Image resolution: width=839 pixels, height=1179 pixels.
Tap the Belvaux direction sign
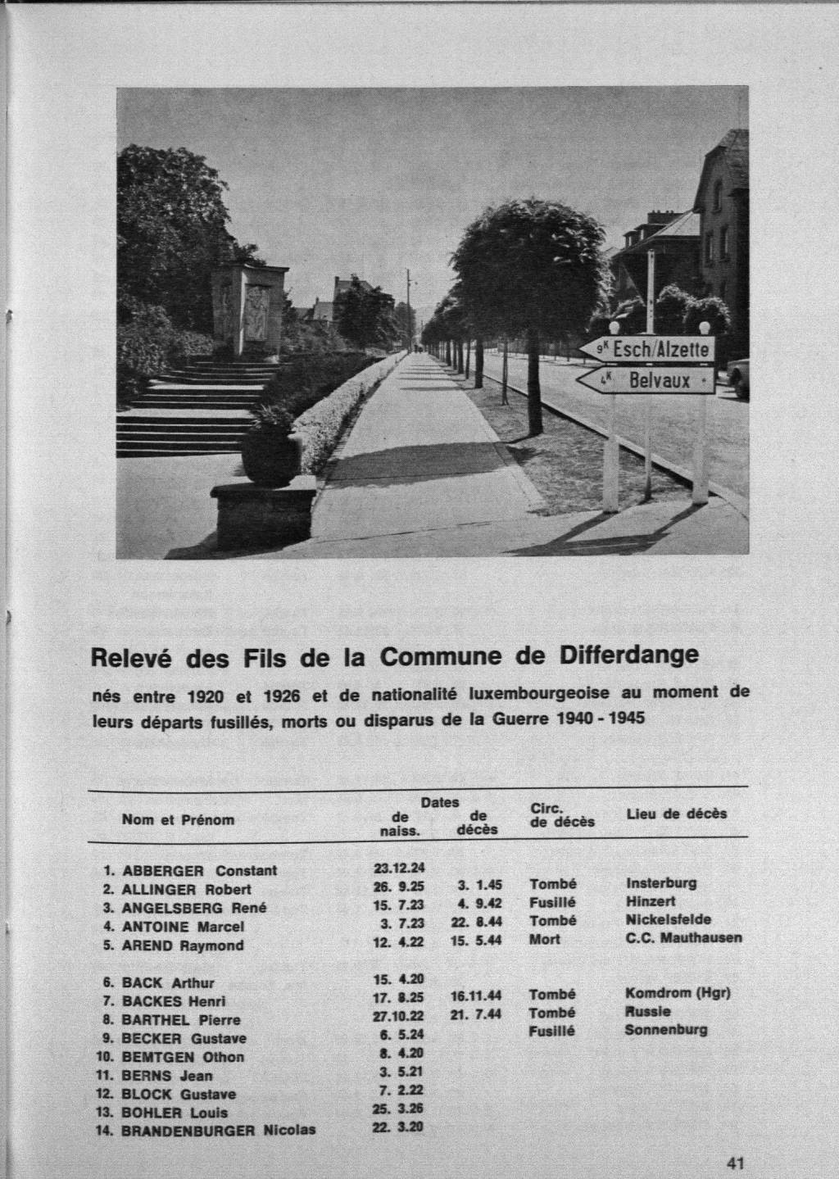pyautogui.click(x=647, y=380)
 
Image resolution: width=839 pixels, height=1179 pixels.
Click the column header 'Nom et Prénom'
pyautogui.click(x=178, y=819)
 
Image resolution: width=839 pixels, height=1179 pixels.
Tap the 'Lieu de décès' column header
pyautogui.click(x=676, y=814)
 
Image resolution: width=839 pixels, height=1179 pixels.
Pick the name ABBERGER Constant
pyautogui.click(x=199, y=870)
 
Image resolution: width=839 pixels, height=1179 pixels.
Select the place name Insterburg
pyautogui.click(x=661, y=883)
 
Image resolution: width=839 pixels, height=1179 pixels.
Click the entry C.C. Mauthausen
pyautogui.click(x=683, y=938)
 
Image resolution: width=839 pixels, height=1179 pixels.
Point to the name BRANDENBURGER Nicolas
pyautogui.click(x=218, y=1130)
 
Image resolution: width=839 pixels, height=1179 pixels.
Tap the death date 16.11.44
pyautogui.click(x=476, y=995)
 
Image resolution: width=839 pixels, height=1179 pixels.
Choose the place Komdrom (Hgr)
pyautogui.click(x=678, y=994)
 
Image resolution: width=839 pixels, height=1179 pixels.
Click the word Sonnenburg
pyautogui.click(x=665, y=1030)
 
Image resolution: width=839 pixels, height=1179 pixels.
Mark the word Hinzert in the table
pyautogui.click(x=651, y=901)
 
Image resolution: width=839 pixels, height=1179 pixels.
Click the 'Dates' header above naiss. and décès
pyautogui.click(x=440, y=803)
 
